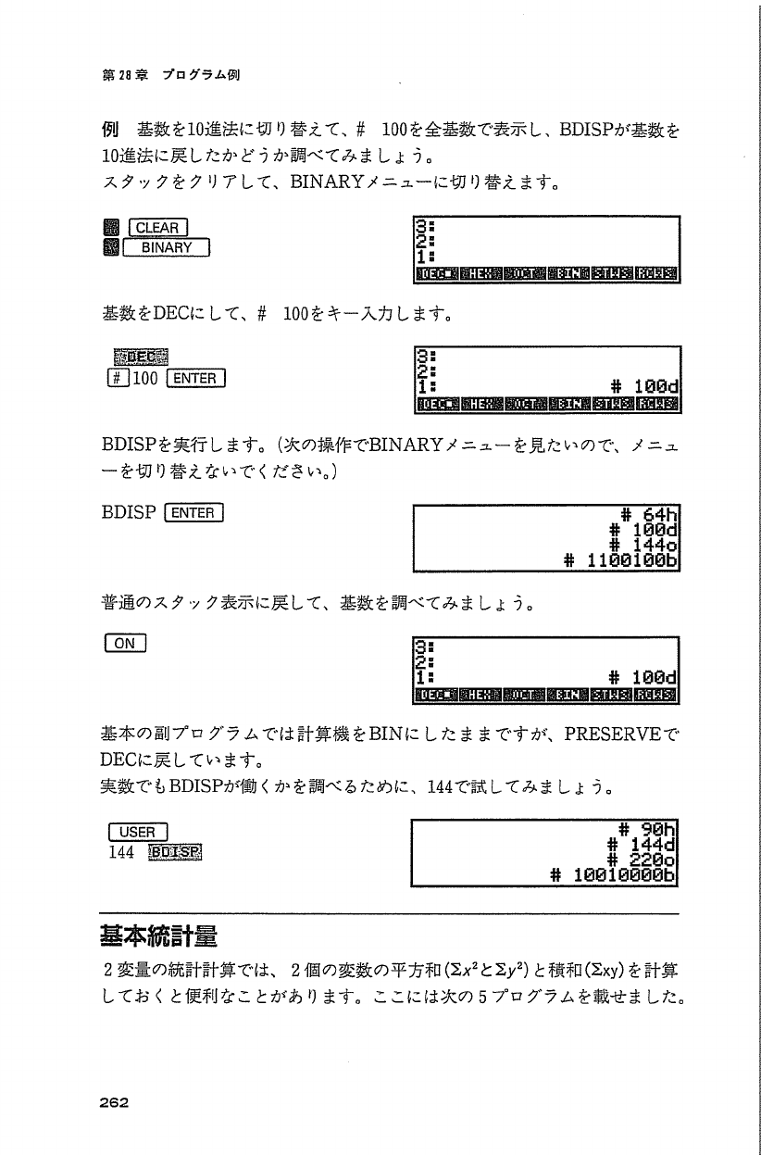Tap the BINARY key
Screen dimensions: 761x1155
click(168, 247)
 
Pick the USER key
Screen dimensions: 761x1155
click(137, 832)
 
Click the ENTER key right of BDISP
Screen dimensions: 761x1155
click(192, 512)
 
